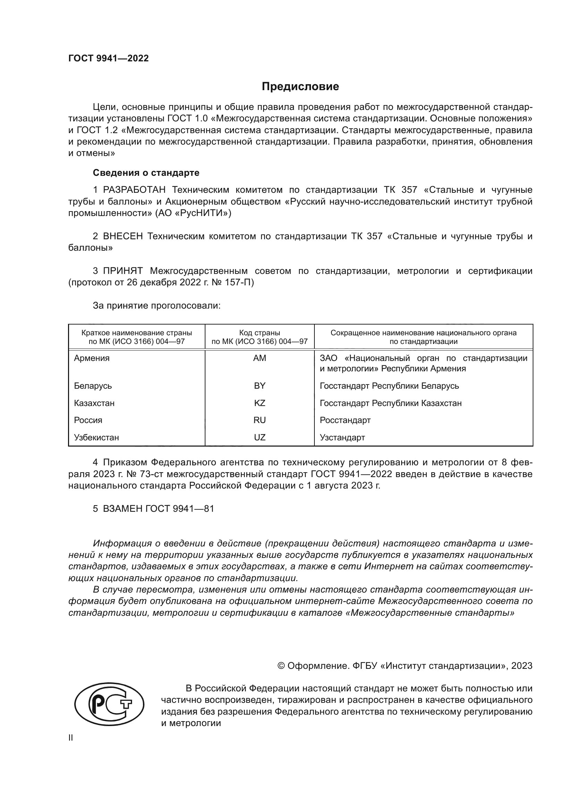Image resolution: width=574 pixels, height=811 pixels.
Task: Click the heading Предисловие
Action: click(300, 87)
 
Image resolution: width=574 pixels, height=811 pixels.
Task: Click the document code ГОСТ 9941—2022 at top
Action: click(109, 59)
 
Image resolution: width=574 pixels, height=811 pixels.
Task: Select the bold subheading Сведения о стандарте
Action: click(146, 173)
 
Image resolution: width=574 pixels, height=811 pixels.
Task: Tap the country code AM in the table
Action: click(260, 358)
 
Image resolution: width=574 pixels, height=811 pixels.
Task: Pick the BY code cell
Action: click(260, 386)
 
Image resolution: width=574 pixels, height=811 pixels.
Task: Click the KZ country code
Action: click(260, 403)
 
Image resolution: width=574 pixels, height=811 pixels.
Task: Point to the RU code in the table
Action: click(260, 420)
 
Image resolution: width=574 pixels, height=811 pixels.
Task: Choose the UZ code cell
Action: click(260, 437)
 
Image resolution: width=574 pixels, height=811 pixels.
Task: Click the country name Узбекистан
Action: click(96, 437)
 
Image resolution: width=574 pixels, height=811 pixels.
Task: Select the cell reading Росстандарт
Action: click(345, 420)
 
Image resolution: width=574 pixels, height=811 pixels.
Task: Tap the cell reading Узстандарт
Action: click(342, 437)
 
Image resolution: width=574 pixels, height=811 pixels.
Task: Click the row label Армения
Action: click(92, 358)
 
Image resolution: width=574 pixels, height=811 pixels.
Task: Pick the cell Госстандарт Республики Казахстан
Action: click(390, 403)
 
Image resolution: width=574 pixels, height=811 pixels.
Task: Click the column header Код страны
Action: click(260, 333)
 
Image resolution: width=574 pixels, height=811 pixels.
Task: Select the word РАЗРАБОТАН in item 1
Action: click(134, 190)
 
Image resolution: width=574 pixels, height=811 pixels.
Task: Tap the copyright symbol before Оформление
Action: click(281, 666)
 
